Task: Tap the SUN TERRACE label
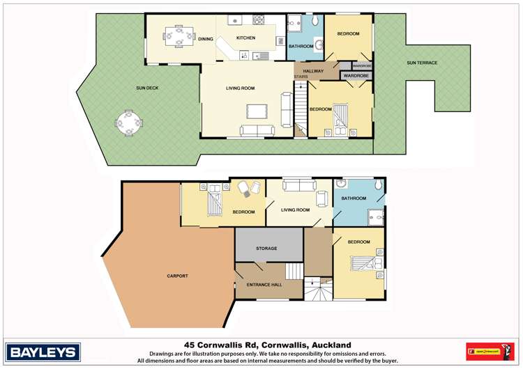422,63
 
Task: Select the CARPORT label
177,276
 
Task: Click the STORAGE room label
266,249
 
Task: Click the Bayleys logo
43,351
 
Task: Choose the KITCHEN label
246,38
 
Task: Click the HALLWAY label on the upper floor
313,70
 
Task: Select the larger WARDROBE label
356,75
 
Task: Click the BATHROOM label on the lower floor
353,198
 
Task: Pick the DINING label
205,40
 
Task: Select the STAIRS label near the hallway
301,77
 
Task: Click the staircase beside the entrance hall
295,270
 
